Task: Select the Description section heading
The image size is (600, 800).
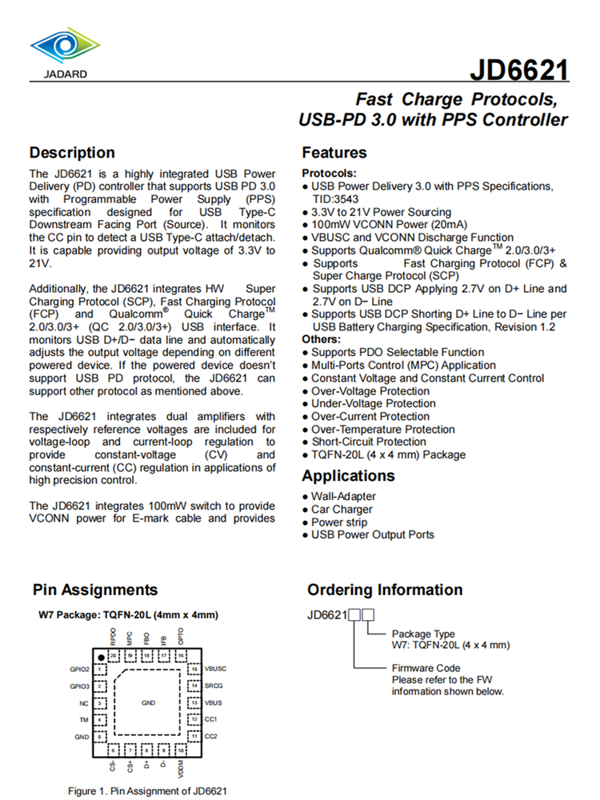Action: point(72,153)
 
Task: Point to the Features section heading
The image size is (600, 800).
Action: point(334,153)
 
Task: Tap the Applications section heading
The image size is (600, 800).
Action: point(348,476)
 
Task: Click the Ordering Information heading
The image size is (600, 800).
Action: point(385,590)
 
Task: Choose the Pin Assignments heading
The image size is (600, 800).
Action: point(95,590)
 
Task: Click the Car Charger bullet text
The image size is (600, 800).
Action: point(342,510)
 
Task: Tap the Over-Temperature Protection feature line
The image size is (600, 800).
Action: point(383,430)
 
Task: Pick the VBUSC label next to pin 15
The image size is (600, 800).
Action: point(217,669)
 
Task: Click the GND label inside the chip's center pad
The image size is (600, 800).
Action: point(148,703)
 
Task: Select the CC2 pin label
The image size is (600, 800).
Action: point(211,736)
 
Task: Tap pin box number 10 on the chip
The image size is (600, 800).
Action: point(182,750)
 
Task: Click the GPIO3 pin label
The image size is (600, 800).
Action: point(79,686)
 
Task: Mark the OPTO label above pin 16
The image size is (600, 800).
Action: point(182,637)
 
